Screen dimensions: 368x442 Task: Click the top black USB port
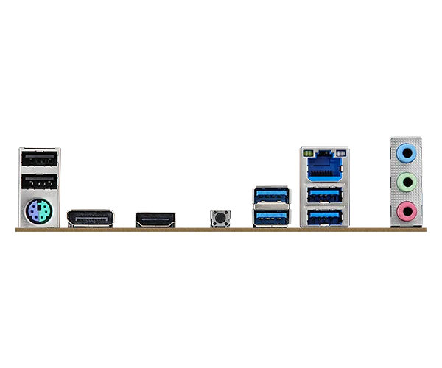(x=38, y=159)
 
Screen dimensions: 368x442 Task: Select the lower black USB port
(x=38, y=183)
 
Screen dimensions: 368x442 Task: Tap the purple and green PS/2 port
(x=38, y=214)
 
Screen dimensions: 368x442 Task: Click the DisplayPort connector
(x=90, y=218)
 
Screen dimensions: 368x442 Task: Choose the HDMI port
(x=155, y=219)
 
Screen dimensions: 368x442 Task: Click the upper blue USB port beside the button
(x=271, y=197)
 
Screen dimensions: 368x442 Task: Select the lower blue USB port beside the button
(x=271, y=218)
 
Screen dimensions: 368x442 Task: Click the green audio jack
(x=405, y=183)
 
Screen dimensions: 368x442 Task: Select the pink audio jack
(x=405, y=212)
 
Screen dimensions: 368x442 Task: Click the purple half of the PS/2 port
(x=32, y=215)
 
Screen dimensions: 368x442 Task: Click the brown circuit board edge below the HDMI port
(x=155, y=231)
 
